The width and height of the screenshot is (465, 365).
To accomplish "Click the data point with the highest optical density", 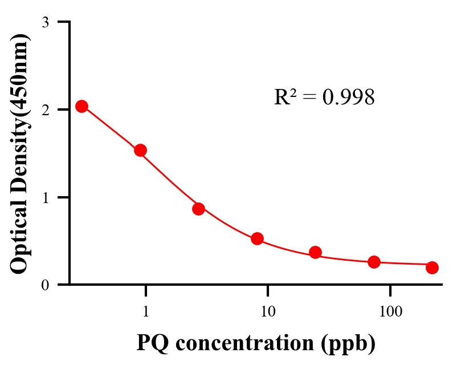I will point(81,106).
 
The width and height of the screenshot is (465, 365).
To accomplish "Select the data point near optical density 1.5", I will point(140,150).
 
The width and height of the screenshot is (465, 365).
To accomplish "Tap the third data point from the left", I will point(198,209).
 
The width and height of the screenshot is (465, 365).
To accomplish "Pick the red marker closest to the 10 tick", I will point(257,238).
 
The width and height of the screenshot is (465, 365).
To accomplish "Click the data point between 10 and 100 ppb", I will point(315,252).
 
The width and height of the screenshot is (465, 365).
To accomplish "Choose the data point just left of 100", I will point(374,262).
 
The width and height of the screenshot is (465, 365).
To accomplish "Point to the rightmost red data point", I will point(432,267).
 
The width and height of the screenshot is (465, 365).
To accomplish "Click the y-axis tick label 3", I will point(45,22).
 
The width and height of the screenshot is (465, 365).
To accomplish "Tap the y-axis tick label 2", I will point(45,109).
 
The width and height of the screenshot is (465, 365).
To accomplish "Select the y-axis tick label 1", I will point(45,197).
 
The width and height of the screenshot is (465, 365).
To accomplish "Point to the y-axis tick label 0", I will point(45,285).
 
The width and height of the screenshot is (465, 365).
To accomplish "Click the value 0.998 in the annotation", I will point(348,98).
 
